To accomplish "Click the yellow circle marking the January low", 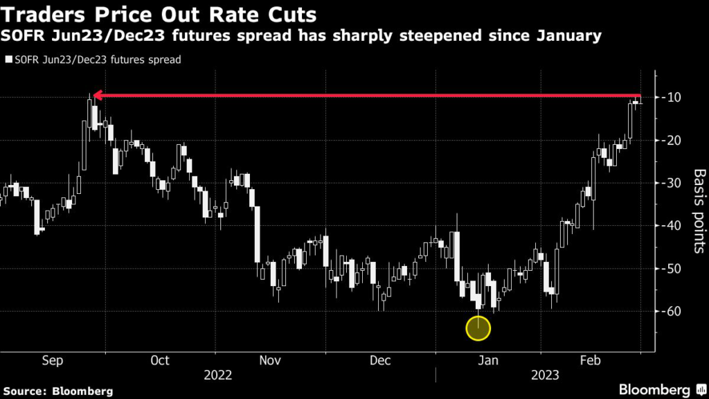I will point(478,328).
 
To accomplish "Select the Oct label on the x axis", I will point(160,360).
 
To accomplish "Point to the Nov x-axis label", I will point(269,360).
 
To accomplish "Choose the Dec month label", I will point(380,360).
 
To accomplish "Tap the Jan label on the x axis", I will point(489,360).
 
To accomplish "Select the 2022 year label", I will point(217,375).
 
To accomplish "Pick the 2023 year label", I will point(546,375).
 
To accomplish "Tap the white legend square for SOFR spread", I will point(8,60).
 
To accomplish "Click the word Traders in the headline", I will point(42,14).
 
